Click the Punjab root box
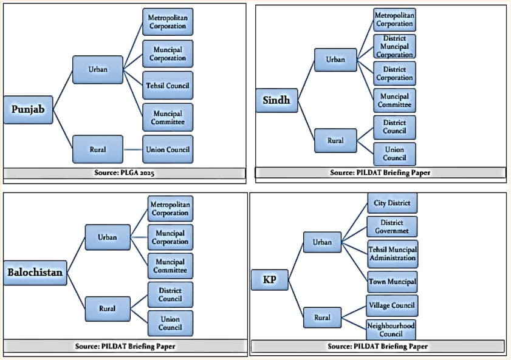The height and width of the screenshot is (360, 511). (x=28, y=110)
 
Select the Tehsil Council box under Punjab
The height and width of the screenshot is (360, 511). (x=168, y=86)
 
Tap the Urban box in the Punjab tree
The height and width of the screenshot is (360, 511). (x=98, y=70)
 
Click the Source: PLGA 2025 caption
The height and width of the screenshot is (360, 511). (x=124, y=173)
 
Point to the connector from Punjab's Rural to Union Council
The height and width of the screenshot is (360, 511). (x=132, y=150)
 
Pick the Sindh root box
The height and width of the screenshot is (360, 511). (x=276, y=100)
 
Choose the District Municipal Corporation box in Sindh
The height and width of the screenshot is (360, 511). (x=394, y=47)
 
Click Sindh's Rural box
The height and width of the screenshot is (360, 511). (x=335, y=141)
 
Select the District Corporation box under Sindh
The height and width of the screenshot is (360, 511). (x=394, y=73)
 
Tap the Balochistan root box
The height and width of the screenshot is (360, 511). (x=35, y=273)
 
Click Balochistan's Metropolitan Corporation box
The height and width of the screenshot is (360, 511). (x=170, y=209)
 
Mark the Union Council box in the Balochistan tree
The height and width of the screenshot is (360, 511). (x=170, y=323)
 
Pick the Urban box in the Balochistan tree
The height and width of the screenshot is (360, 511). (x=108, y=237)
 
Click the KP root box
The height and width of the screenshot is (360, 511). (x=270, y=280)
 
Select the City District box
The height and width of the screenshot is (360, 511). (x=392, y=203)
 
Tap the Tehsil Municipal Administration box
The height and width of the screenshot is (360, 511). (x=393, y=254)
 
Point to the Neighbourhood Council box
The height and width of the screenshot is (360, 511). (x=391, y=330)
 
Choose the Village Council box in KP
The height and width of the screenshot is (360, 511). (x=392, y=305)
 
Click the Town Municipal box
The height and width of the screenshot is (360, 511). (x=393, y=282)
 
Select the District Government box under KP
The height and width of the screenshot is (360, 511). (x=392, y=226)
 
